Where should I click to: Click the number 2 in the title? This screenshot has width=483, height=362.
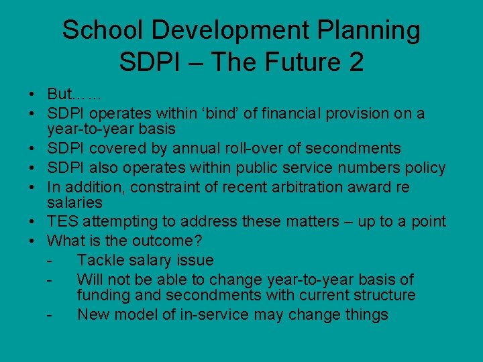click(x=356, y=62)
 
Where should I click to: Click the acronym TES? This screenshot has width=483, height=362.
click(x=62, y=221)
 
